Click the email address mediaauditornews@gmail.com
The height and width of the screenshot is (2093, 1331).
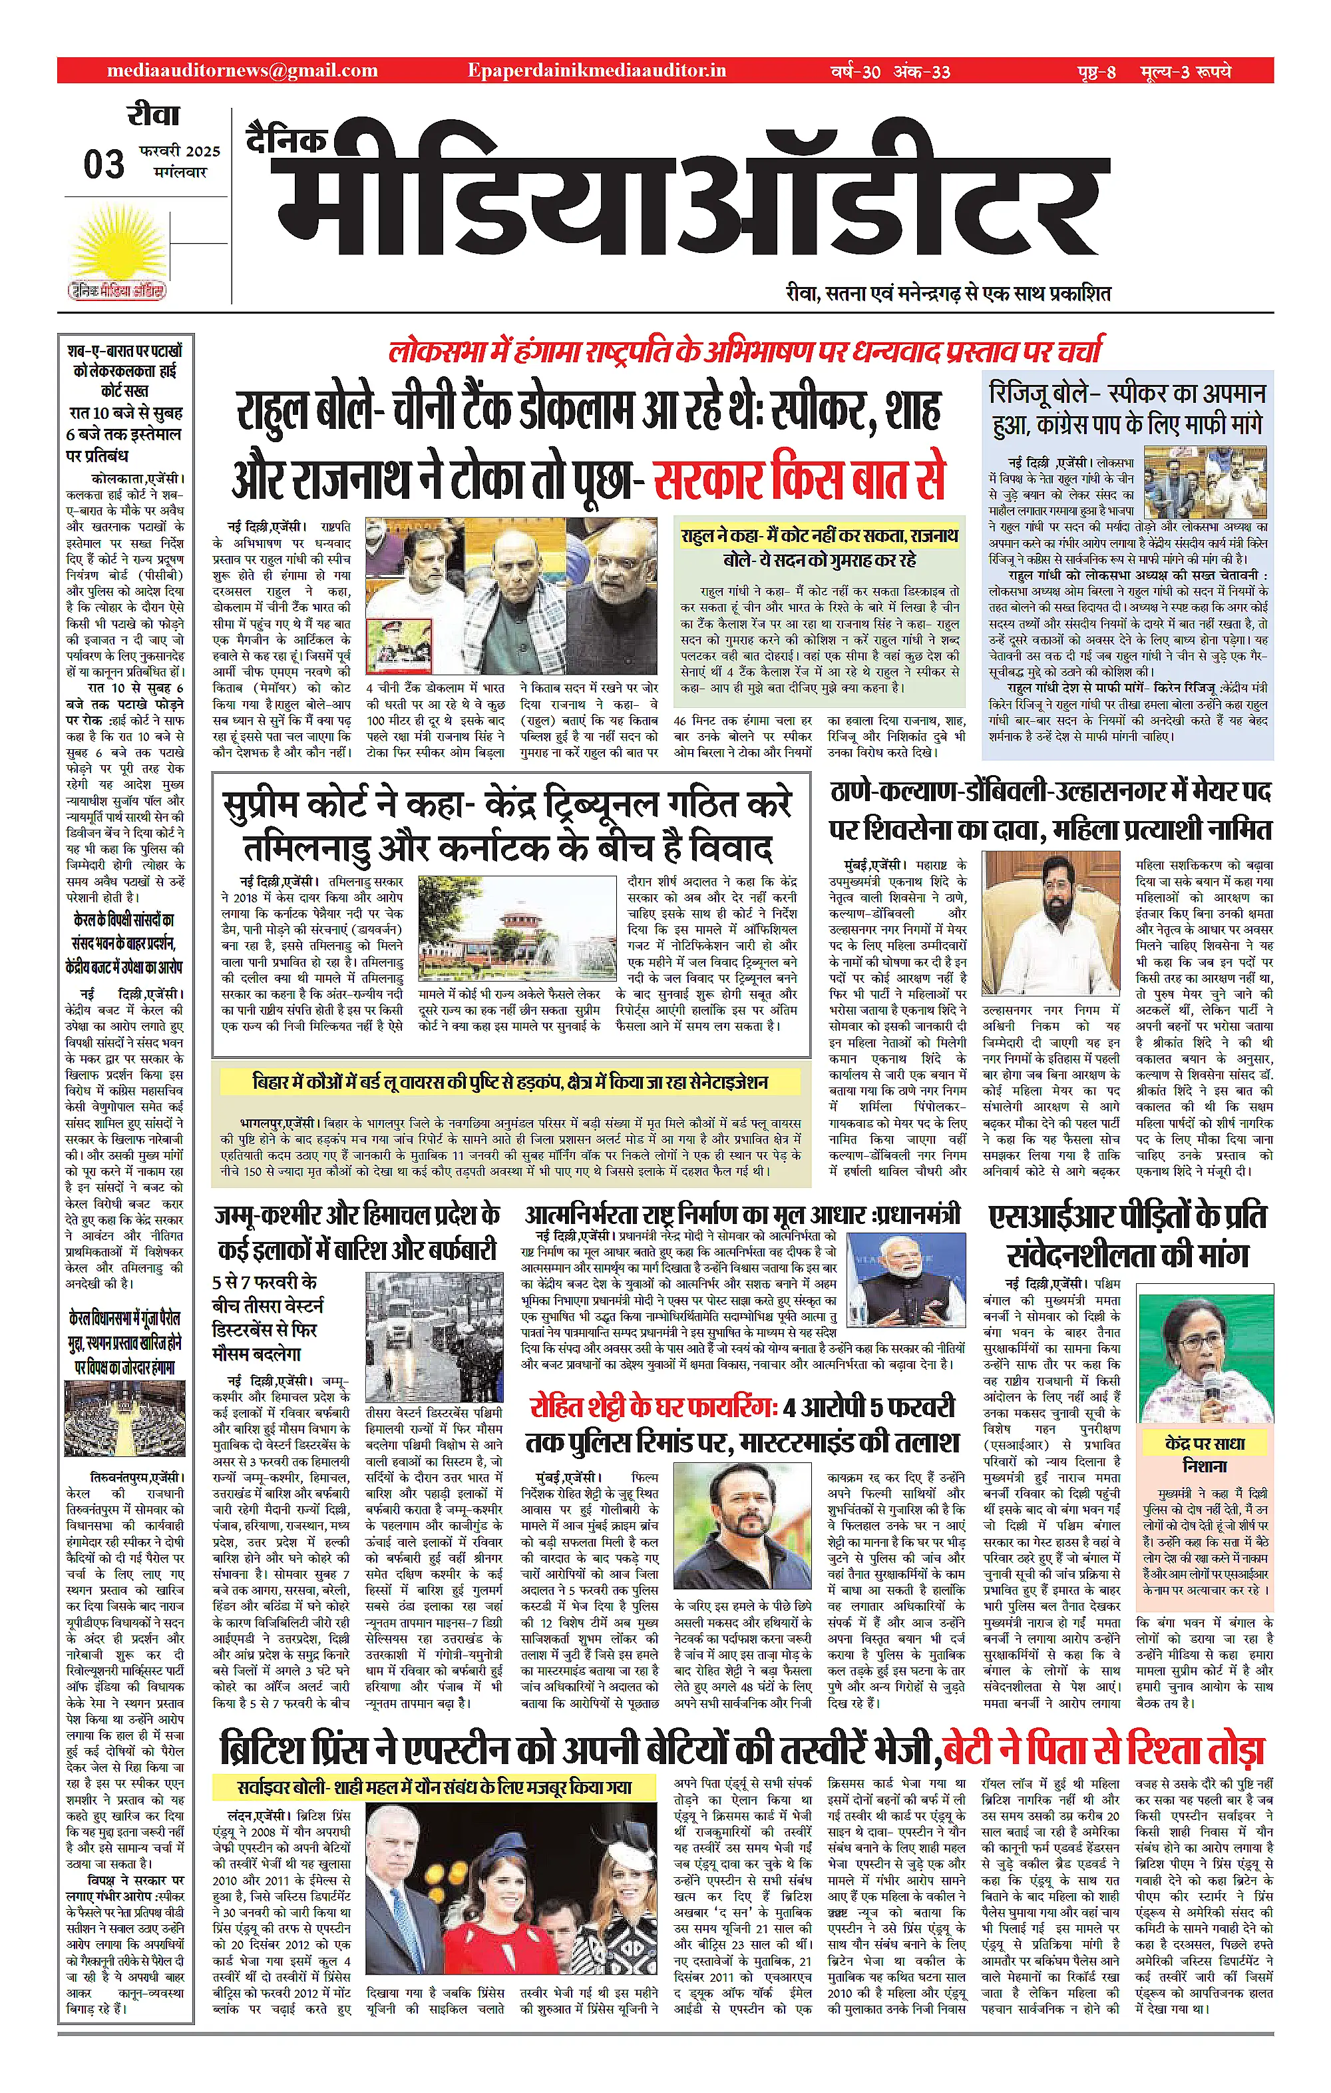tap(242, 71)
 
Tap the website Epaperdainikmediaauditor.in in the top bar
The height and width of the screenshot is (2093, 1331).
tap(596, 71)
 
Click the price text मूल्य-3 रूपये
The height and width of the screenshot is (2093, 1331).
tap(1186, 71)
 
